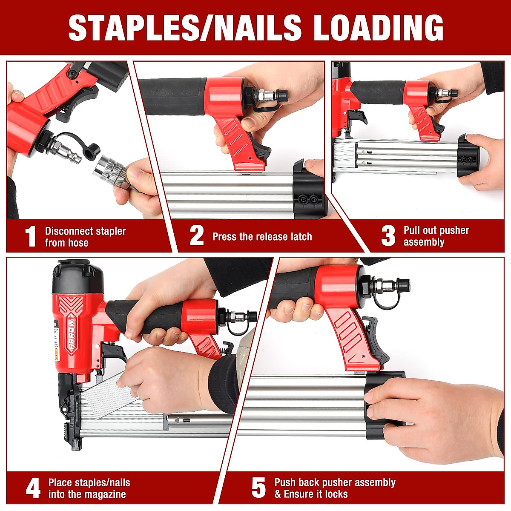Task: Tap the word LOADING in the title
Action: coord(379,28)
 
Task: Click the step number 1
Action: coord(30,237)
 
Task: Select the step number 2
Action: coord(197,236)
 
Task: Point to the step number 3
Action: coord(388,236)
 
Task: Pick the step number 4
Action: coord(33,488)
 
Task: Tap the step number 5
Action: coord(258,488)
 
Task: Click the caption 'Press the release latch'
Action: coord(262,237)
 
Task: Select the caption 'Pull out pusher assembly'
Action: coord(436,236)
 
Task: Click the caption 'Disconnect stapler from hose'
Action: coord(85,237)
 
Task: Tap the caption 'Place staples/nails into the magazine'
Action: coord(89,488)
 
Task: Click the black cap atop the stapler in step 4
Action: coord(77,277)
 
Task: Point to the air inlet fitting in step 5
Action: coord(390,284)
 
